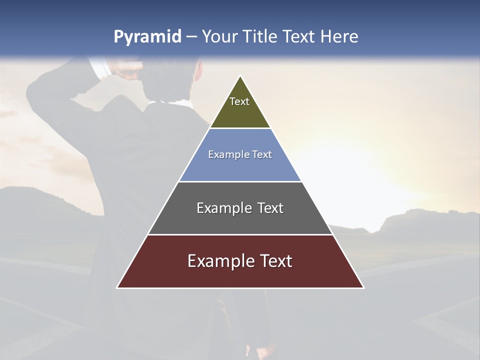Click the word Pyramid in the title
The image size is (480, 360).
(x=147, y=37)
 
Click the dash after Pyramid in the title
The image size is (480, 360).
(x=191, y=37)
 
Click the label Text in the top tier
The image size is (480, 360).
(x=239, y=101)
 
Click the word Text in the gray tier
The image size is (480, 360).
(x=270, y=208)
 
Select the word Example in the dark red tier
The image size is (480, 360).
(x=220, y=261)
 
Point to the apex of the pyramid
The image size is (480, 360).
(x=240, y=76)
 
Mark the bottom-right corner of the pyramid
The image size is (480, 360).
(x=363, y=287)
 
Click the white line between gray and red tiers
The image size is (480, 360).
(x=240, y=234)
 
